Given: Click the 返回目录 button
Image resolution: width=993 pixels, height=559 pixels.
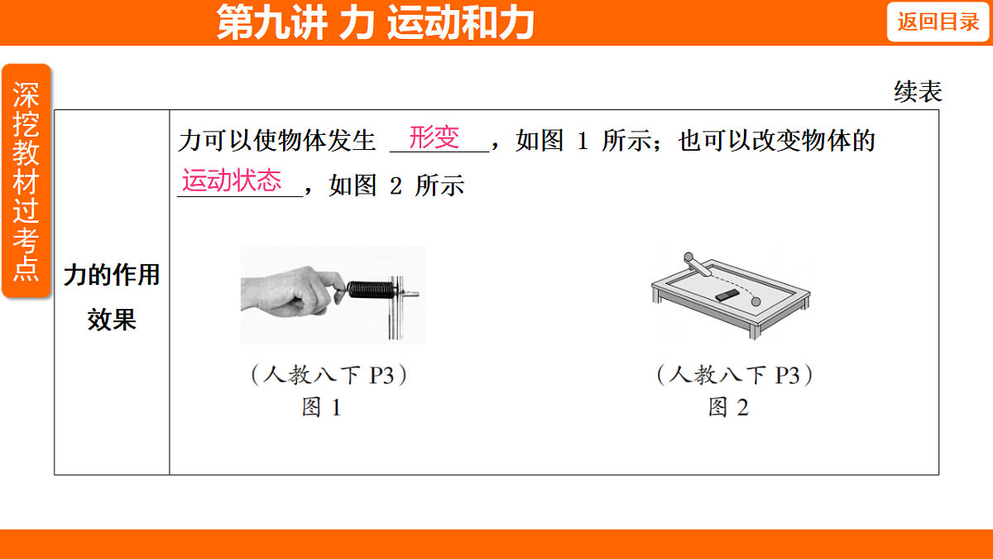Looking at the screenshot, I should (938, 22).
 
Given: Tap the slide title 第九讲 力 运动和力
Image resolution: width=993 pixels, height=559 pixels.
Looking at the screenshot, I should (375, 23).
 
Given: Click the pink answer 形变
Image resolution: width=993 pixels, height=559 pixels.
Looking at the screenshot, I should (434, 137).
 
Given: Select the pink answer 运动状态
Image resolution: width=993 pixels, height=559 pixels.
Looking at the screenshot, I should (232, 181).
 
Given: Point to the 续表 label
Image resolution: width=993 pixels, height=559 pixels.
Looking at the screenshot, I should (918, 92).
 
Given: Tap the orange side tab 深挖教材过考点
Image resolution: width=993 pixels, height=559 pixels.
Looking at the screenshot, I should (26, 181).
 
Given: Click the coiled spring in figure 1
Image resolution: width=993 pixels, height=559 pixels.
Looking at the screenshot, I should (369, 290).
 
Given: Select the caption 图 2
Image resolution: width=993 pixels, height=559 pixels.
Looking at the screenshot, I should (728, 407).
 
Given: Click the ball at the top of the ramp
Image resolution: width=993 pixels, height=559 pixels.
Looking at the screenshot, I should (688, 257).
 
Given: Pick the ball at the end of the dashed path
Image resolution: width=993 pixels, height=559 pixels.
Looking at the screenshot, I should (756, 302).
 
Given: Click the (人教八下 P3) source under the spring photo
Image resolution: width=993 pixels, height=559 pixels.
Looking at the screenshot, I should (329, 375).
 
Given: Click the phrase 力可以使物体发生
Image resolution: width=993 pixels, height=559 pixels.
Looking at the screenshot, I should (277, 141).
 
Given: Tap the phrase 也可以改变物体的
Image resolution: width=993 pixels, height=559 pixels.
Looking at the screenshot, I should (776, 141).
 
